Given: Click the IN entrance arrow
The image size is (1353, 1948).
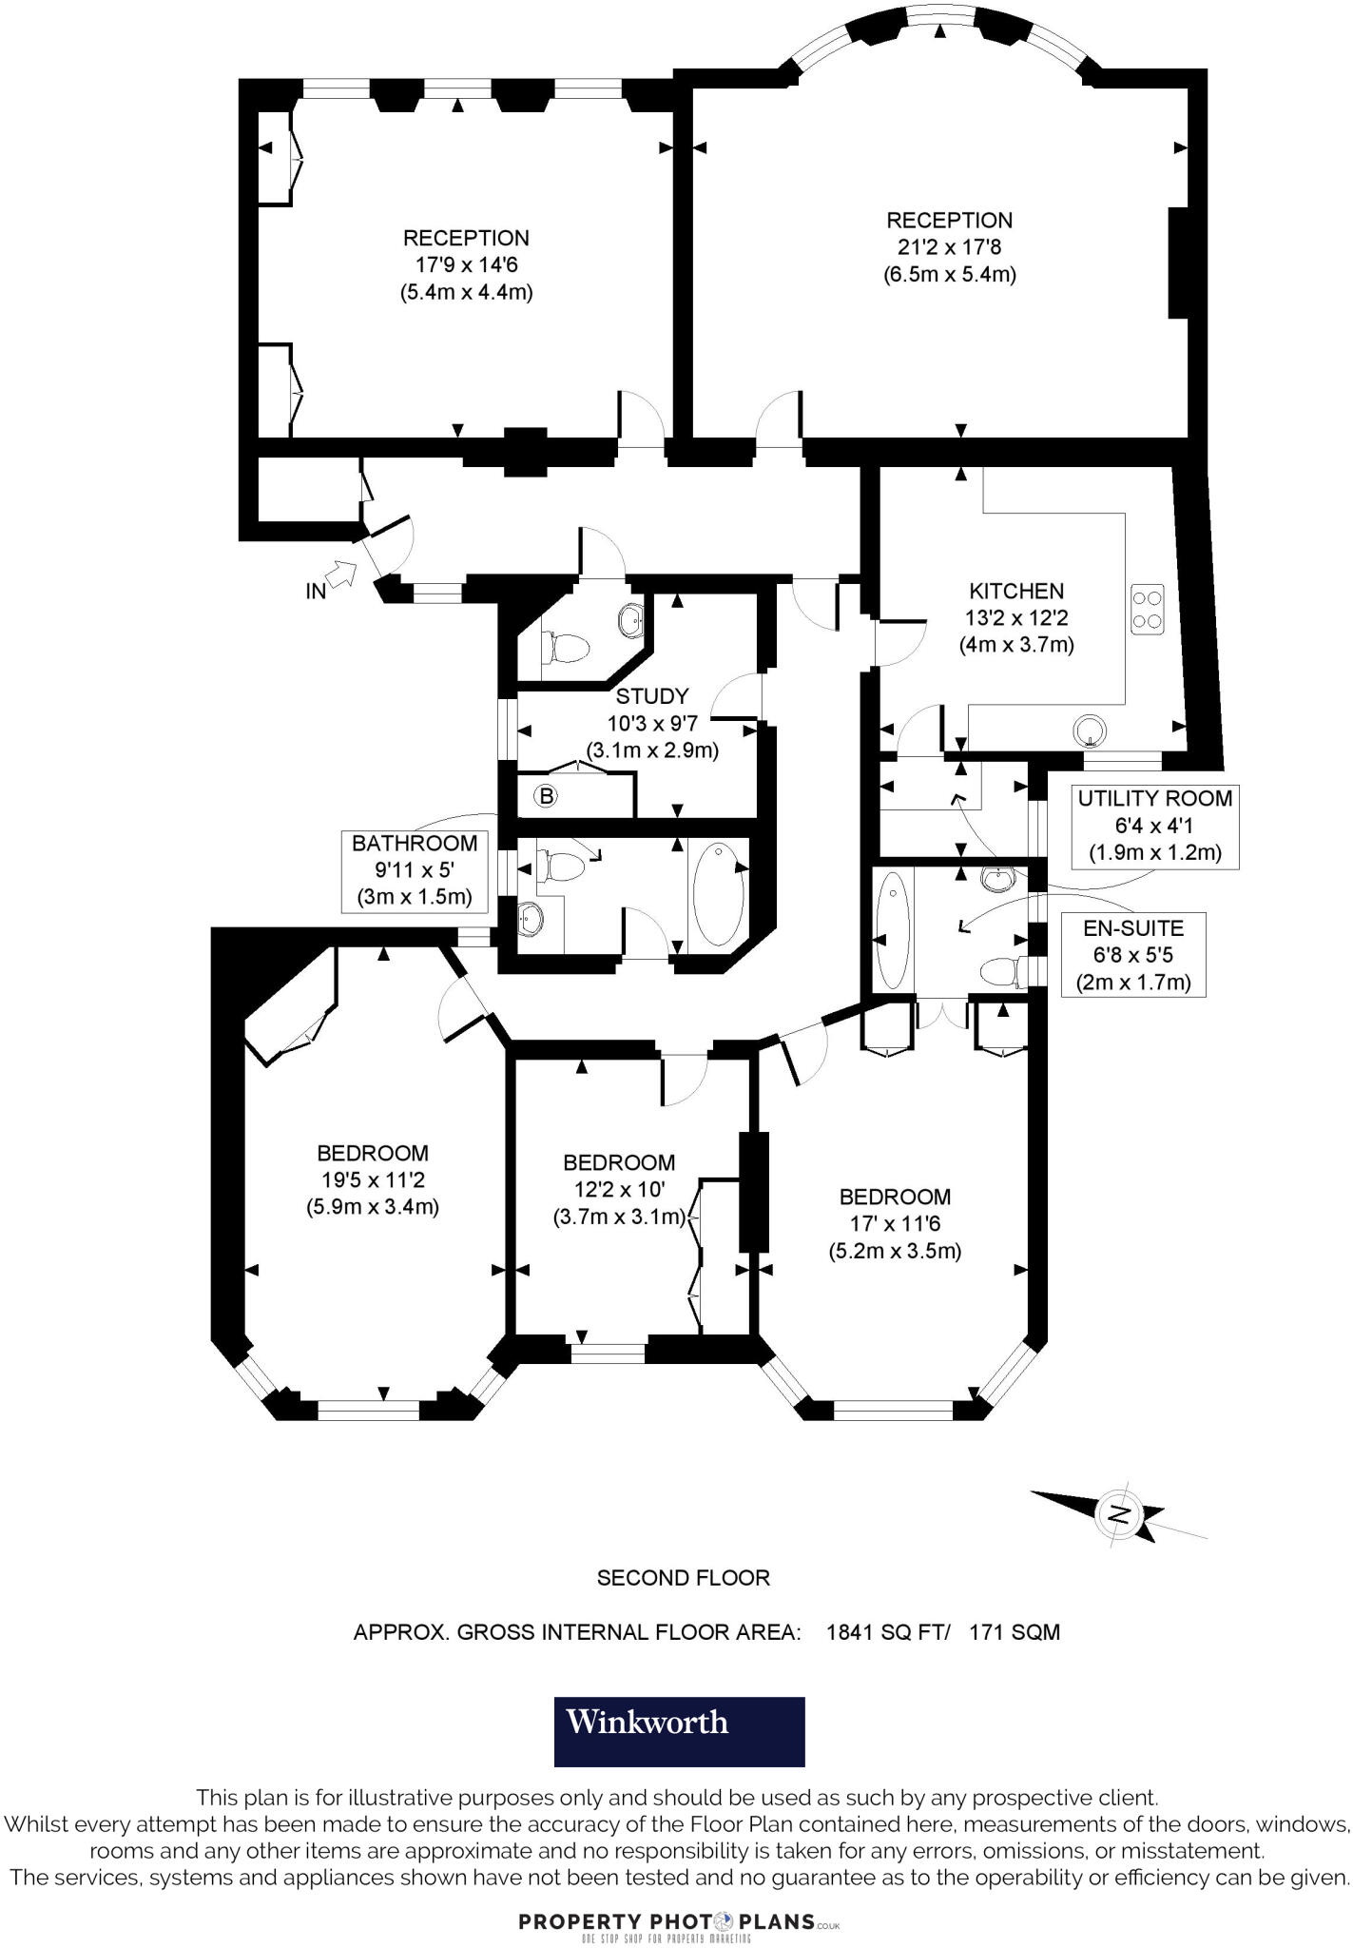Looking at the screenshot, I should [x=340, y=574].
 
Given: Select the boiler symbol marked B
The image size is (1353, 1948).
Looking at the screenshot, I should [x=546, y=795].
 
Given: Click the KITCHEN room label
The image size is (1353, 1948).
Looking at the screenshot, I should [x=1016, y=591].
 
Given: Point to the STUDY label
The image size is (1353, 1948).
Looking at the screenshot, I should [x=651, y=696].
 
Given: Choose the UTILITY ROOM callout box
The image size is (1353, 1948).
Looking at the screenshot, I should [x=1154, y=825].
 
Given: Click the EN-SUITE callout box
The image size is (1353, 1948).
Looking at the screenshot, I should [x=1133, y=954].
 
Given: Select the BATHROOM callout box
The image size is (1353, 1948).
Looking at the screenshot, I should [x=415, y=869].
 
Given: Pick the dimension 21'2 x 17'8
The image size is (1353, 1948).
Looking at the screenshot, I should [x=949, y=247].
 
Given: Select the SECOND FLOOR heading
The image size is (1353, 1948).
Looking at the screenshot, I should [x=683, y=1578].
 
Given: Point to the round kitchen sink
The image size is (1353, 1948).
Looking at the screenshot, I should [x=1091, y=730].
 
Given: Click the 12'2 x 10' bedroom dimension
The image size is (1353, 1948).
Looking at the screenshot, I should [x=619, y=1189].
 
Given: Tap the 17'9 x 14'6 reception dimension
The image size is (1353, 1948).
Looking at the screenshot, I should [x=466, y=265].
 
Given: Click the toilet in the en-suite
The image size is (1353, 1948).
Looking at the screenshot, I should [x=1000, y=971].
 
